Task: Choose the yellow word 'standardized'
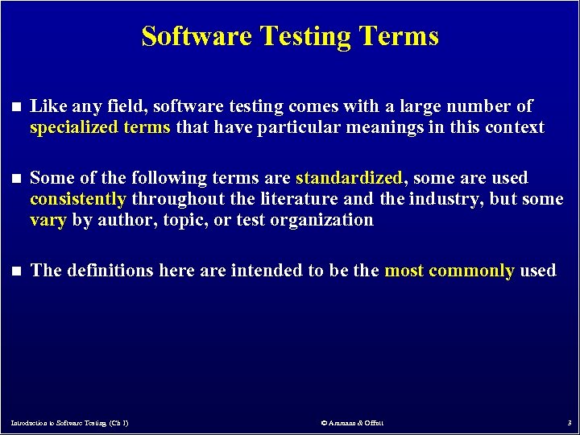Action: pyautogui.click(x=349, y=178)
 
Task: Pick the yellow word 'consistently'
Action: pyautogui.click(x=78, y=199)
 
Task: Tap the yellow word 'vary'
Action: pyautogui.click(x=48, y=220)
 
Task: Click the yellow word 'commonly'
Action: pyautogui.click(x=471, y=271)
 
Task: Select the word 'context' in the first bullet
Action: pyautogui.click(x=515, y=127)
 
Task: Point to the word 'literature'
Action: pyautogui.click(x=307, y=199)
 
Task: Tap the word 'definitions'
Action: pyautogui.click(x=109, y=271)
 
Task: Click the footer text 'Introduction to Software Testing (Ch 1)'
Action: pyautogui.click(x=69, y=423)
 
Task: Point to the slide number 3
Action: pyautogui.click(x=569, y=423)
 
